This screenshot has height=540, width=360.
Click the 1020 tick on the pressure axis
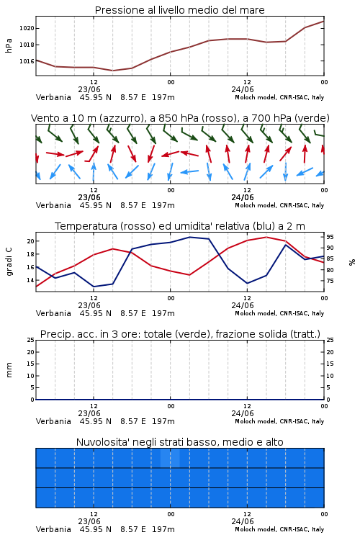[27, 28]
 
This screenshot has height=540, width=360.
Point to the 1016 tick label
[27, 61]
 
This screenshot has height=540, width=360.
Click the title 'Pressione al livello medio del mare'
[180, 10]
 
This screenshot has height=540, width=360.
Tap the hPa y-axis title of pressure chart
[9, 45]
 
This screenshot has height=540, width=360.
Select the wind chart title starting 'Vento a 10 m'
[180, 118]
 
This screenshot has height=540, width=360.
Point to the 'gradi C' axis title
[9, 261]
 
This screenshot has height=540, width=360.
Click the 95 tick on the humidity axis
[330, 237]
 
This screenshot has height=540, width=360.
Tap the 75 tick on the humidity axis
[330, 281]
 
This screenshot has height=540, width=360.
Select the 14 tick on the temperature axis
[31, 280]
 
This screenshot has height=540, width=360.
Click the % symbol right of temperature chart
[352, 262]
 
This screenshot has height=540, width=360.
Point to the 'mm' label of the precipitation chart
[9, 370]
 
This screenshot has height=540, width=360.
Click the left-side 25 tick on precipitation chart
[31, 341]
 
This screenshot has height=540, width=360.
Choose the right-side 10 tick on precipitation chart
[330, 376]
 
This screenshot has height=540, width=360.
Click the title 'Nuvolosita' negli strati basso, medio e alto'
[180, 442]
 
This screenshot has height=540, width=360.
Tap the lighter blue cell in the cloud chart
[170, 458]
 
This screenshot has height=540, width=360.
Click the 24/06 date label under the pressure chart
[243, 89]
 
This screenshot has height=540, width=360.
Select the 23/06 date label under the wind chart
[89, 198]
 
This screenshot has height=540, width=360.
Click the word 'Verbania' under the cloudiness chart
[53, 529]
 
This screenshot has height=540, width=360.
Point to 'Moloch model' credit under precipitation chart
[256, 421]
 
